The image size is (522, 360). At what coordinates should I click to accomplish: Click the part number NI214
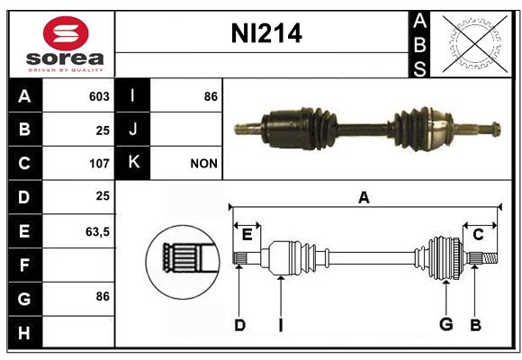click(266, 33)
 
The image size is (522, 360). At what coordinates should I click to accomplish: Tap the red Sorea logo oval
click(66, 33)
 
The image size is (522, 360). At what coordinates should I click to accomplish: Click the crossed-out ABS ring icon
click(475, 43)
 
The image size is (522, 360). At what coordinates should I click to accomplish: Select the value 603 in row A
click(99, 96)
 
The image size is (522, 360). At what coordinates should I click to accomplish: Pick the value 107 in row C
click(99, 164)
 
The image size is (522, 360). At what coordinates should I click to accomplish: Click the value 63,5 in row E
click(97, 232)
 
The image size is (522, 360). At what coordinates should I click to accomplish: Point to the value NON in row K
click(203, 164)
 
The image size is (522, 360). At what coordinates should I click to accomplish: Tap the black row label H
click(25, 333)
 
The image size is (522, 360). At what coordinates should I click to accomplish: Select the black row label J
click(132, 130)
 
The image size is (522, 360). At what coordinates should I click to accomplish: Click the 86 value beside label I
click(211, 96)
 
